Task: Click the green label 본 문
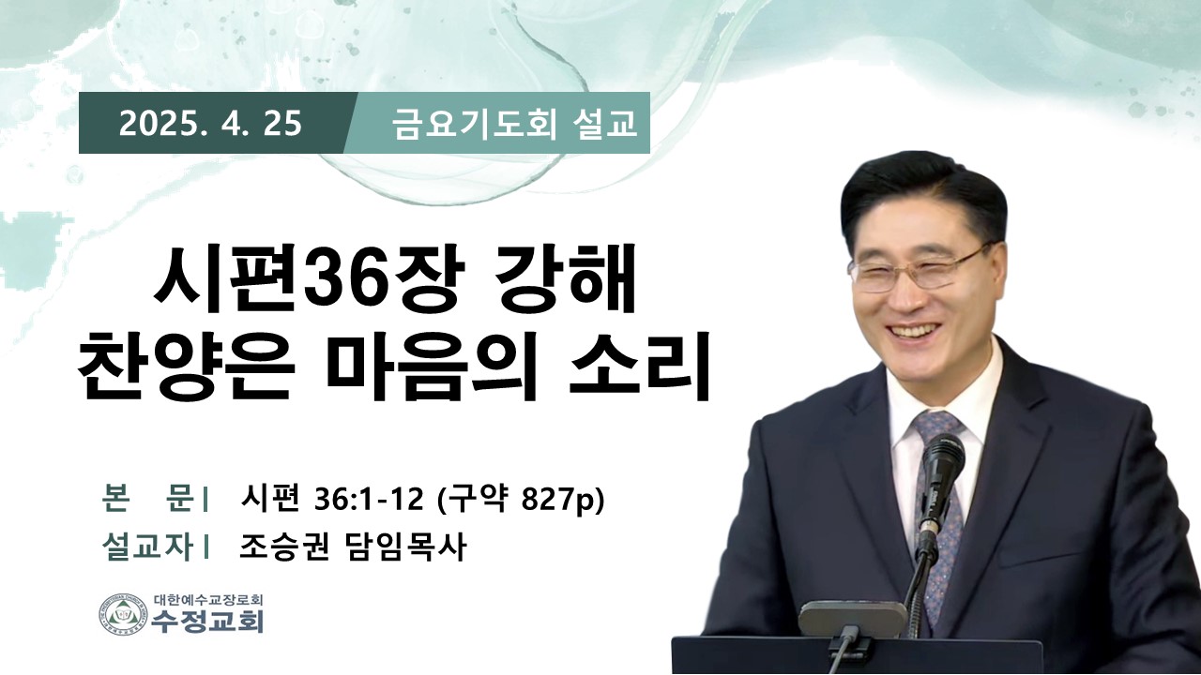(x=147, y=500)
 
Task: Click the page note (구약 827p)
(x=521, y=501)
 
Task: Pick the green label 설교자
(x=147, y=547)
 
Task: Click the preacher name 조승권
(x=284, y=547)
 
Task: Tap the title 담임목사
(x=403, y=547)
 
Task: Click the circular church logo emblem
(x=123, y=613)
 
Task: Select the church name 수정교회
(x=207, y=621)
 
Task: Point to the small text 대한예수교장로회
(x=208, y=599)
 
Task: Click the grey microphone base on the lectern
(x=852, y=618)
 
